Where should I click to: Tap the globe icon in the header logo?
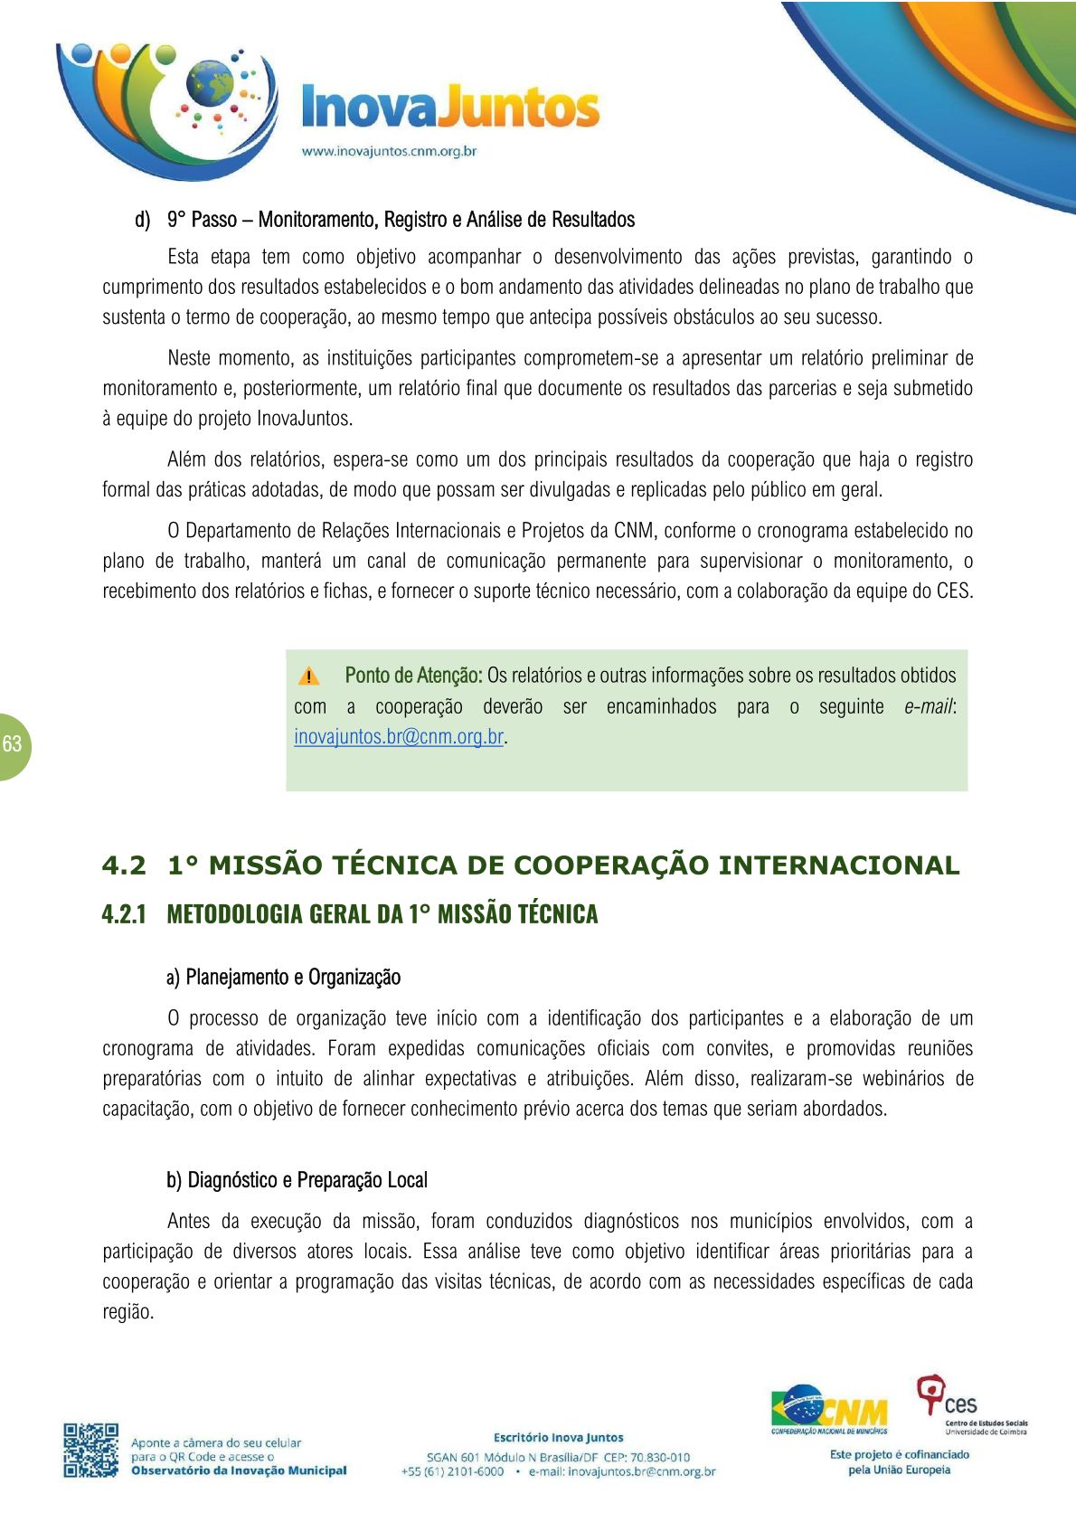210,84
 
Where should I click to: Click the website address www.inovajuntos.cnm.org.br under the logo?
389,151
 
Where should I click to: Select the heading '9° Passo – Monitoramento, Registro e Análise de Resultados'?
401,220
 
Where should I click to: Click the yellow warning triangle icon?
308,676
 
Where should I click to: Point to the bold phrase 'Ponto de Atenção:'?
413,676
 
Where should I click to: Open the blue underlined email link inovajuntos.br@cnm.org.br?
399,736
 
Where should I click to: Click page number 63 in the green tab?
13,744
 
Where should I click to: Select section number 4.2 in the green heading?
124,865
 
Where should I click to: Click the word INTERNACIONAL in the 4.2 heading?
838,865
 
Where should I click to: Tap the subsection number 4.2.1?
124,914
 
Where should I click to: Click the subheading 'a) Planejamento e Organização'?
283,978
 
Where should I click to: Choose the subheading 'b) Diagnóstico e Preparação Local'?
297,1180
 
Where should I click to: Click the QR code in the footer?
90,1451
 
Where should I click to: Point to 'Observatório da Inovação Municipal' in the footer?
239,1470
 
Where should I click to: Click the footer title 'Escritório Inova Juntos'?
558,1437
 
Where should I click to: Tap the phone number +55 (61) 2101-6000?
453,1471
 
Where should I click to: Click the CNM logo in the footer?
829,1409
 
